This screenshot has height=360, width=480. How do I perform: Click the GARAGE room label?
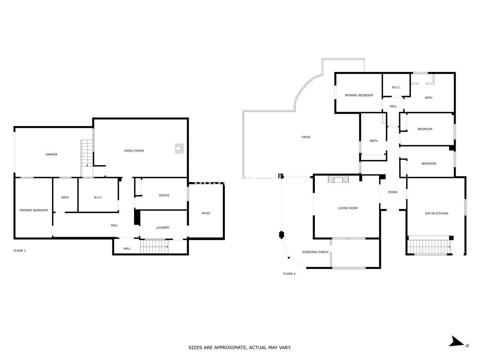coord(51,154)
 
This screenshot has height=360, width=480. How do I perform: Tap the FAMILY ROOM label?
coord(134,151)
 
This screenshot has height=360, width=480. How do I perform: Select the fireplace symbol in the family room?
coord(179,148)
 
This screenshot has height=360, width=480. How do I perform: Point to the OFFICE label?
coord(164,196)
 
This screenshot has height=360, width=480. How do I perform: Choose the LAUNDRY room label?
coord(163,228)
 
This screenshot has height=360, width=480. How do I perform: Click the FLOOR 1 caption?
coord(20,251)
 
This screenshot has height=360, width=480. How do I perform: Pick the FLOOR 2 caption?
coord(289,274)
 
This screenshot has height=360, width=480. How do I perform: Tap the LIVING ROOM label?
coord(348,208)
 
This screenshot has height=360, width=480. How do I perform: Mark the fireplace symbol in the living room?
coord(338,179)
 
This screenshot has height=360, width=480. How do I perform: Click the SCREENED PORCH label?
coord(315,252)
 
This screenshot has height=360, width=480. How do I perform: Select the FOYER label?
coord(392,192)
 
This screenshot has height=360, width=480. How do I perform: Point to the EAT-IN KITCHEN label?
coord(436,214)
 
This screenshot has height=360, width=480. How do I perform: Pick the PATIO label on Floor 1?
coord(206,214)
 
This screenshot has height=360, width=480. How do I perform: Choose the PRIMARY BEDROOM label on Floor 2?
coord(359,96)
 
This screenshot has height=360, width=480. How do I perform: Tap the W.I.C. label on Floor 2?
coord(396,88)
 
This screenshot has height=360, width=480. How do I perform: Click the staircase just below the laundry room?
coord(154,246)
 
